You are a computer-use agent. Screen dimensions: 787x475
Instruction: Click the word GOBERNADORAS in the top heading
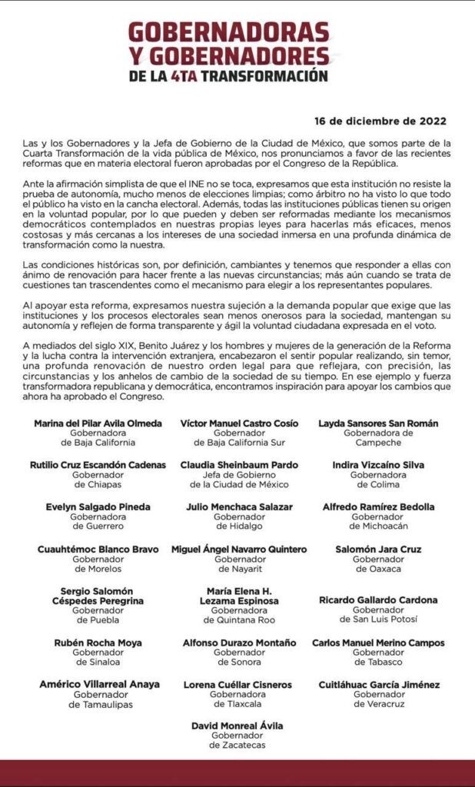pos(228,32)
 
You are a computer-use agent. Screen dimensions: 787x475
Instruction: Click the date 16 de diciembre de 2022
pos(380,121)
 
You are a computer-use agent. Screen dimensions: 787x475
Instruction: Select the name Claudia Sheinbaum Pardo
pos(239,465)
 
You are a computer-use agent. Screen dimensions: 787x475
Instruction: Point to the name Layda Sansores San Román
pos(378,423)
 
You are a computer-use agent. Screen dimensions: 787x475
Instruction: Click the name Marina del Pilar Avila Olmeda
pos(98,423)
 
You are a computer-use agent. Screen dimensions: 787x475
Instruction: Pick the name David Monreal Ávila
pos(237,725)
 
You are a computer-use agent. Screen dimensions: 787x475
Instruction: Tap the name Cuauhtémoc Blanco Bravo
pos(98,550)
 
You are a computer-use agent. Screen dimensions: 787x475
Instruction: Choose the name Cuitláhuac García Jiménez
pos(379,684)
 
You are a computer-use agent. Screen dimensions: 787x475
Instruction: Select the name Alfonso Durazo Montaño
pos(239,643)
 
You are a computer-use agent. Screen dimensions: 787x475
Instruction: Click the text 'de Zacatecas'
pos(237,745)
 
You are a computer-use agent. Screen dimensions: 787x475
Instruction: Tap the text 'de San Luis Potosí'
pos(378,619)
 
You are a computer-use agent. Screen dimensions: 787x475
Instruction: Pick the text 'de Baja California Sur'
pos(239,443)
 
